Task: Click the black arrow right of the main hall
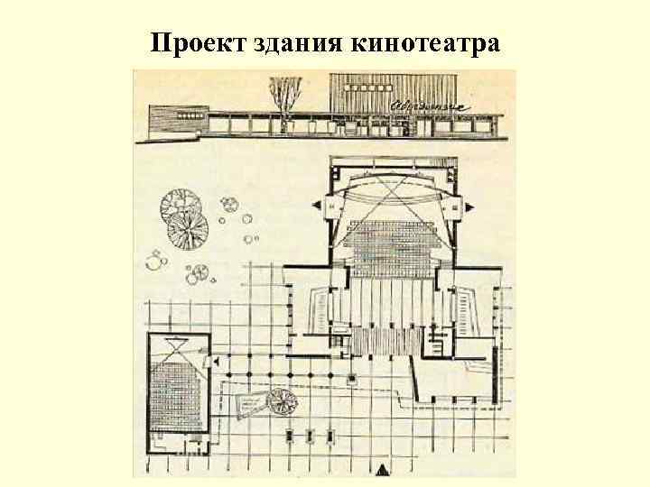tap(471, 207)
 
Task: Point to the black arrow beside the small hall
tap(217, 362)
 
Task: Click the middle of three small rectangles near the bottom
tap(310, 436)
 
